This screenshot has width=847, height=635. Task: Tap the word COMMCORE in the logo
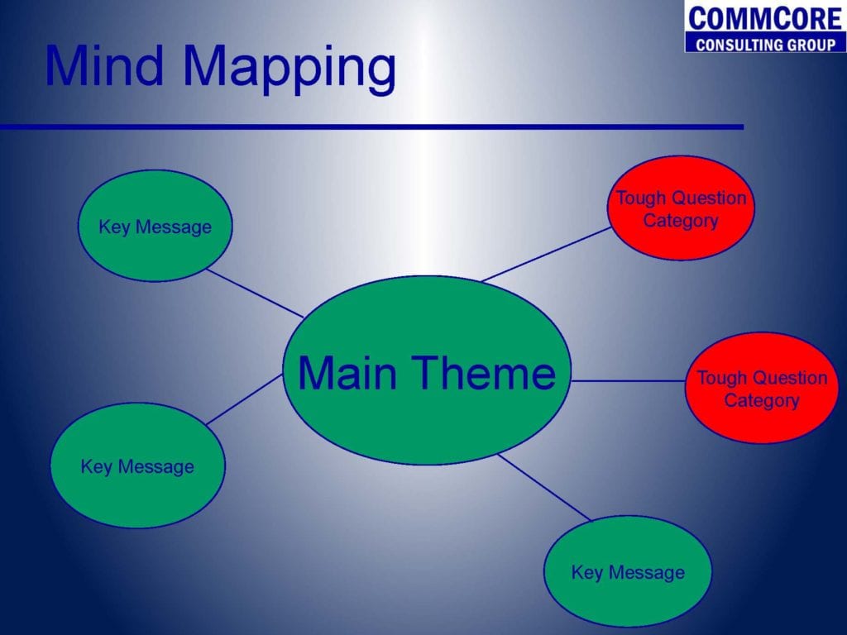(x=765, y=18)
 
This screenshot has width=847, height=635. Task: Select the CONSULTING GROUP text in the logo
(x=765, y=45)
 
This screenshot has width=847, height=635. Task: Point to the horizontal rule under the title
(x=371, y=127)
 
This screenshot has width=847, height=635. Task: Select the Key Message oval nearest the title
(x=156, y=226)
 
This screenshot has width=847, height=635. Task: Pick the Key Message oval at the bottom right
(x=628, y=571)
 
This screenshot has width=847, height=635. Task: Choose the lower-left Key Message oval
(x=138, y=466)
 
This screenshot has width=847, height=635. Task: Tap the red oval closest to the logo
(x=682, y=208)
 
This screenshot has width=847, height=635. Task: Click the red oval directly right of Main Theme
(x=762, y=389)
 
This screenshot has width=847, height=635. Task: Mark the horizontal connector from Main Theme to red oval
(x=629, y=380)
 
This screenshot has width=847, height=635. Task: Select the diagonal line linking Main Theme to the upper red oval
(x=546, y=255)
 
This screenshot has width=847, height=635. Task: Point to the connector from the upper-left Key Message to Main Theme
(x=255, y=294)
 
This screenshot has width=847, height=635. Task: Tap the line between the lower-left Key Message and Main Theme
(x=244, y=399)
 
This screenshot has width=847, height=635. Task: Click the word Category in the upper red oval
(x=681, y=221)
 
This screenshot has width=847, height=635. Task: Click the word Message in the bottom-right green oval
(x=646, y=572)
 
